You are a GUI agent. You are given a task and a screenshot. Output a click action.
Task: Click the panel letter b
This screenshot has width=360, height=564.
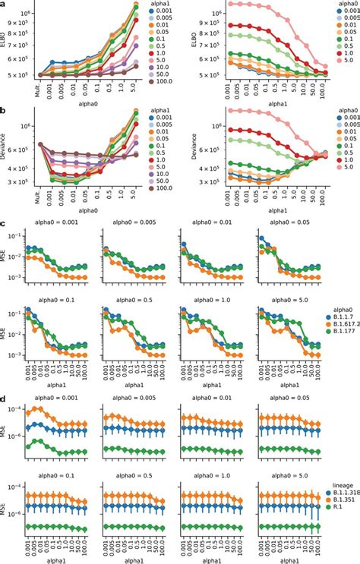[5, 109]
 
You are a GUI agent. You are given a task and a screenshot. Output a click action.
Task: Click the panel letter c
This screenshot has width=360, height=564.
[5, 225]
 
